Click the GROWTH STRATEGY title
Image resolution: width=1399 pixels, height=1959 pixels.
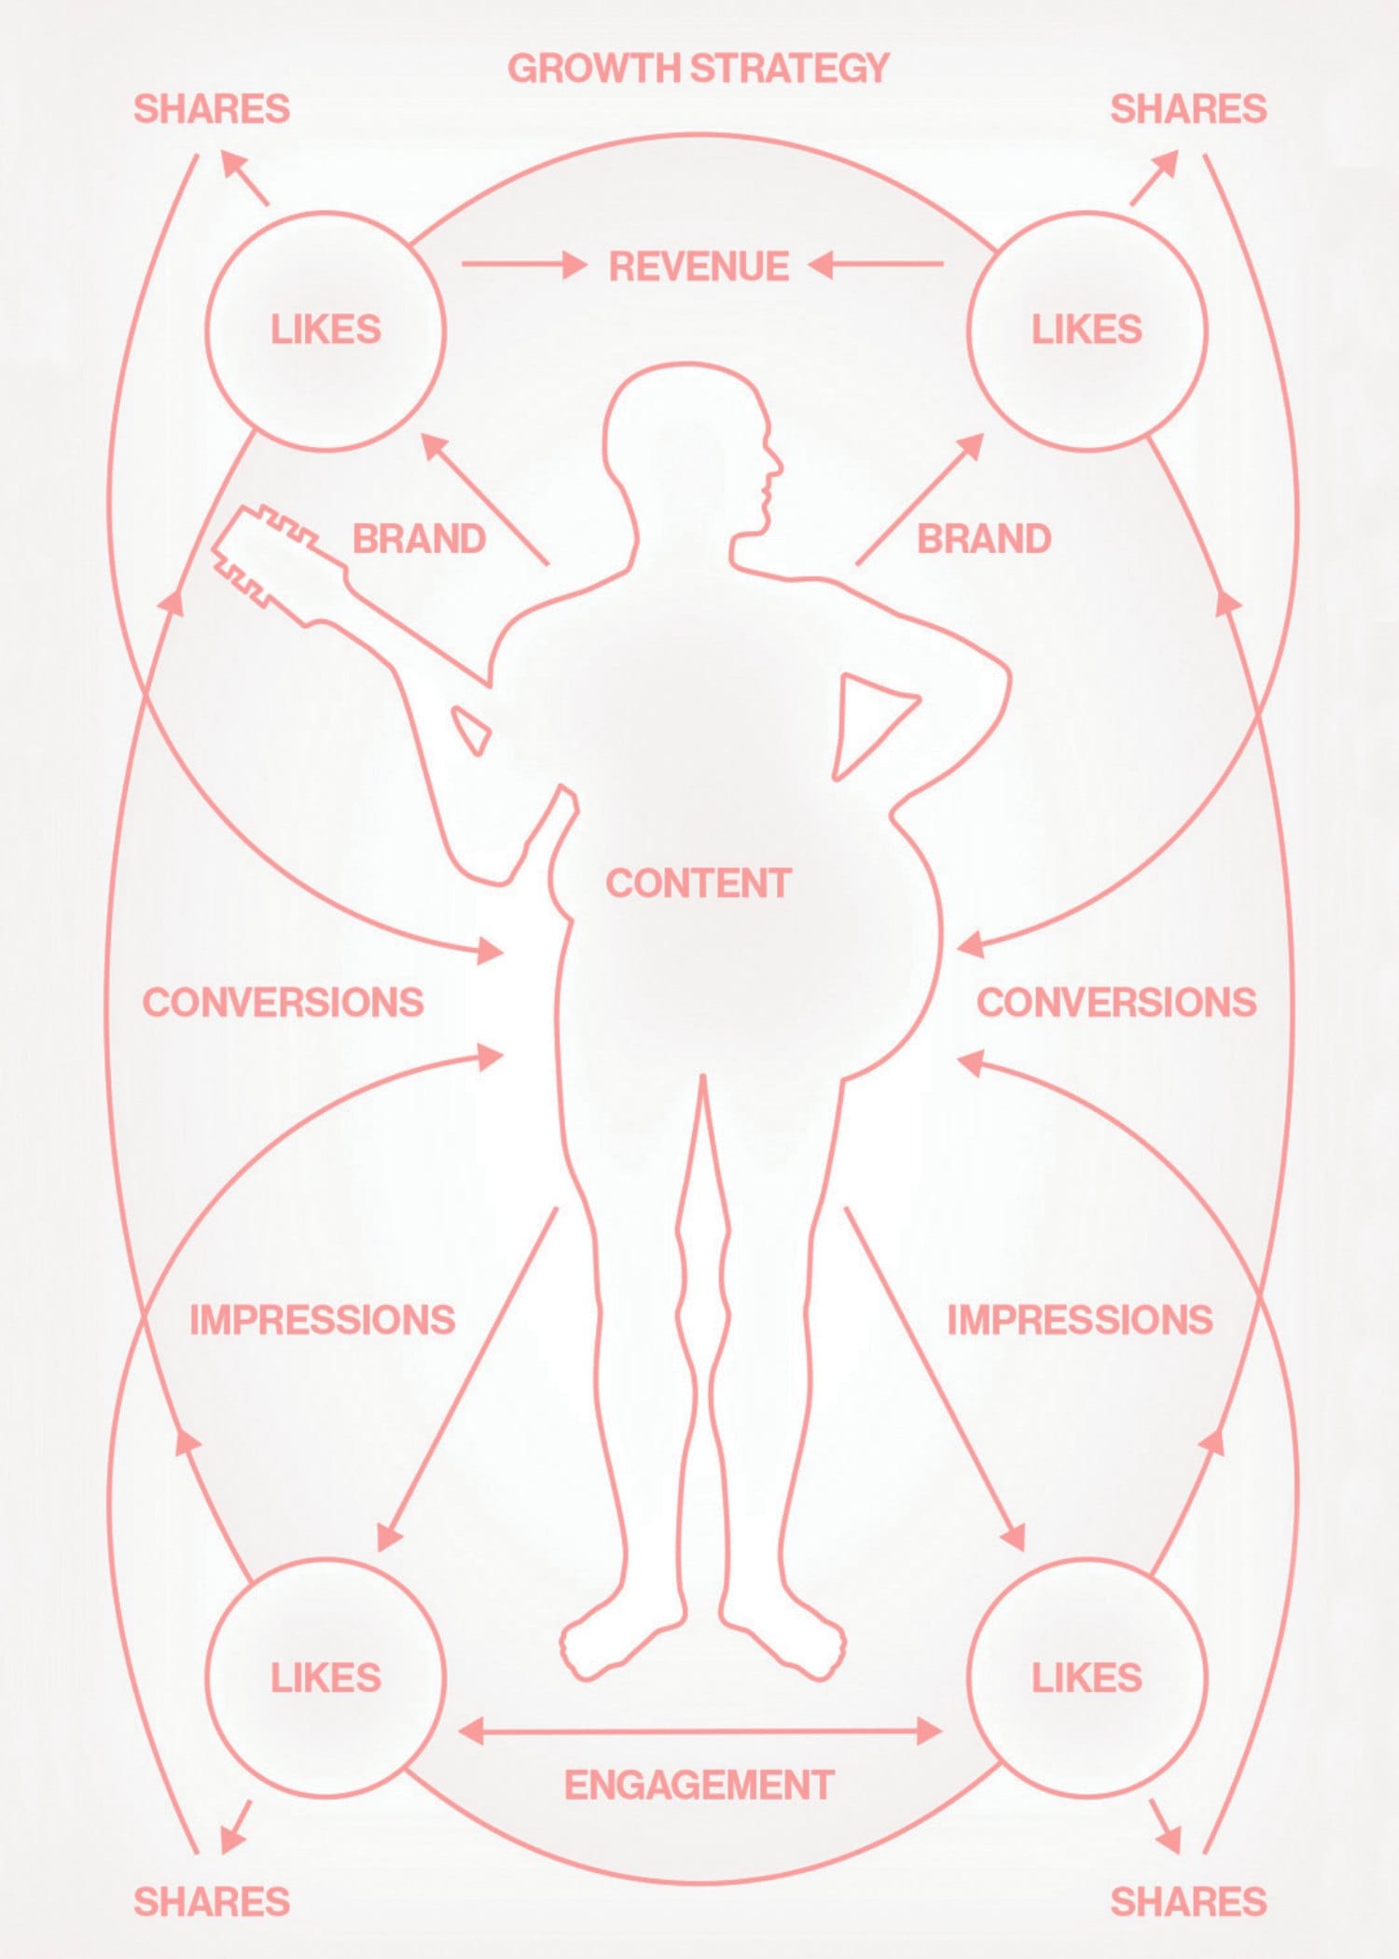(x=699, y=68)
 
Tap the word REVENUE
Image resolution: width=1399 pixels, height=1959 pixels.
(x=699, y=267)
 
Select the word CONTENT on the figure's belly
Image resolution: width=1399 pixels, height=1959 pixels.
(x=699, y=883)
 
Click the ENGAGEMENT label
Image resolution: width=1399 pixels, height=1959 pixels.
(x=699, y=1785)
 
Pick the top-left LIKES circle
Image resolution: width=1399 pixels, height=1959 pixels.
(x=206, y=330)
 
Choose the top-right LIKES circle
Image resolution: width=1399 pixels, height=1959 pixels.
(x=967, y=330)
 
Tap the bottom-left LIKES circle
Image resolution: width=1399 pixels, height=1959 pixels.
(x=206, y=1677)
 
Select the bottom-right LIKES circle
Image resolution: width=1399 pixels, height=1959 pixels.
(x=967, y=1677)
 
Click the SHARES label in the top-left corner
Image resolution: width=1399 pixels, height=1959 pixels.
(x=212, y=109)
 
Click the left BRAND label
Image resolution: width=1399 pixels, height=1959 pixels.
(x=419, y=539)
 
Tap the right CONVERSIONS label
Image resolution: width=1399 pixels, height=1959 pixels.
(x=1116, y=1002)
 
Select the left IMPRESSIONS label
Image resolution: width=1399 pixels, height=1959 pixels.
(x=322, y=1320)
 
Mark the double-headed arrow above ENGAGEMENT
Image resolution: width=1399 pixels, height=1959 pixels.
(x=699, y=1730)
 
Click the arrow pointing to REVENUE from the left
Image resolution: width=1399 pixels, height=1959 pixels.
(x=524, y=265)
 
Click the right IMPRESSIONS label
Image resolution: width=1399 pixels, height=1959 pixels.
(x=1080, y=1320)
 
